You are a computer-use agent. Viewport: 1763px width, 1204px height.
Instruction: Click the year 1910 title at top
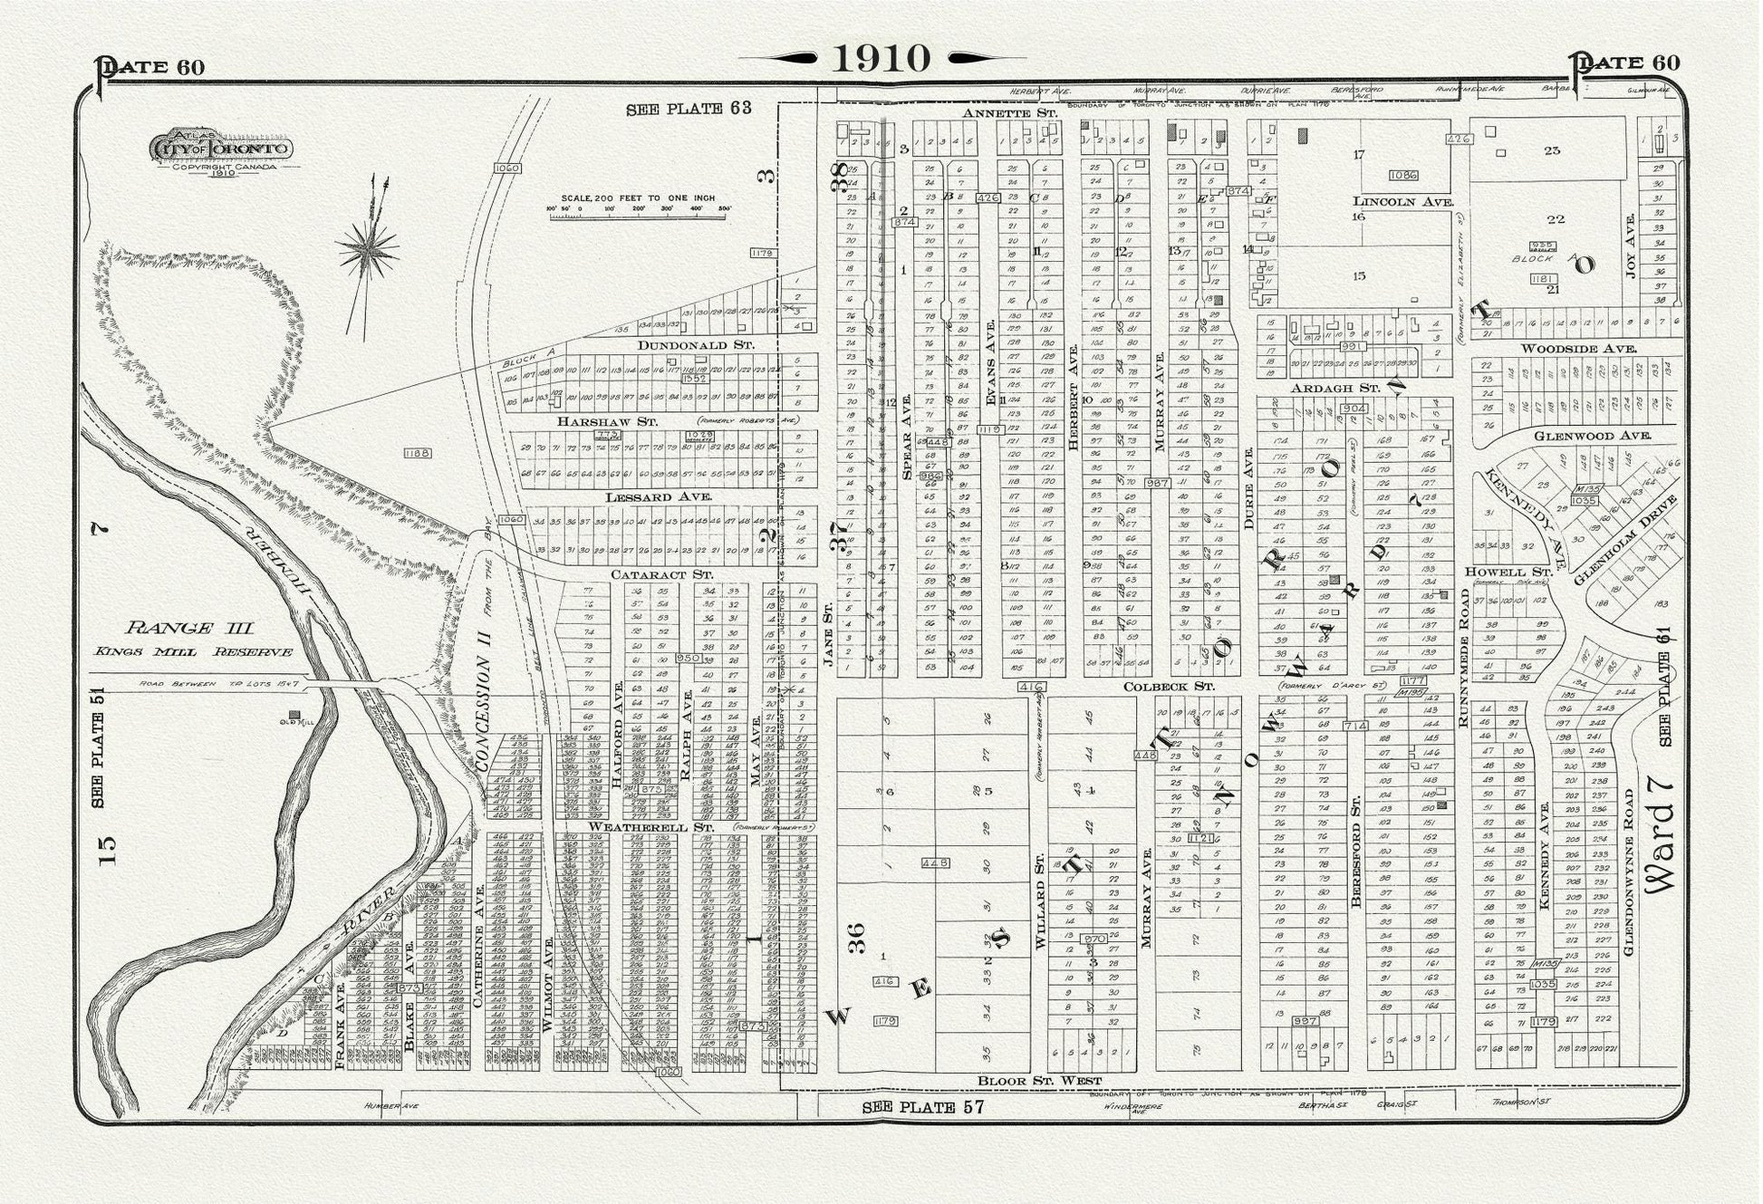click(x=881, y=58)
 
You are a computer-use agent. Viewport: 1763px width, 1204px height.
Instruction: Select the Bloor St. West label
click(x=1039, y=1080)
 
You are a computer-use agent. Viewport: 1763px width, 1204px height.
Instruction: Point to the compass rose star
click(x=367, y=246)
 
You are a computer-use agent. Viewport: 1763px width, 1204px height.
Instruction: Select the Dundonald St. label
click(x=695, y=345)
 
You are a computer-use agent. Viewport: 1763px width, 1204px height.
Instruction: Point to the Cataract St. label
click(x=661, y=574)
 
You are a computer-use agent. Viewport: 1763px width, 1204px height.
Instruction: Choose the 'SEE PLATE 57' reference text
click(x=922, y=1106)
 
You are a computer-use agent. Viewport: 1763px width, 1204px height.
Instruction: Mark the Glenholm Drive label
click(x=1624, y=539)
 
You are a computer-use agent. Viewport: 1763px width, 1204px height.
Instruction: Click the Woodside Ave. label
click(x=1578, y=348)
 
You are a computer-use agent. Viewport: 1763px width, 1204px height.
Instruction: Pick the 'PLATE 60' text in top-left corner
click(x=151, y=67)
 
